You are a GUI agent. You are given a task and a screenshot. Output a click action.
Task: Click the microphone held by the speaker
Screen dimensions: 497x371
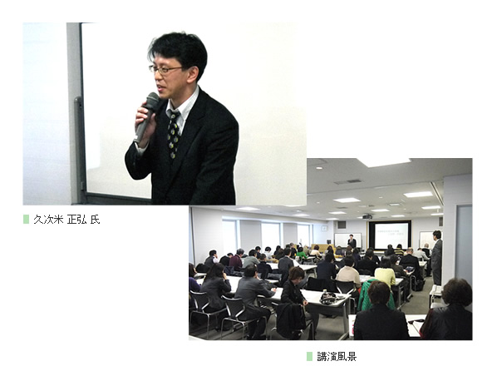pos(146,116)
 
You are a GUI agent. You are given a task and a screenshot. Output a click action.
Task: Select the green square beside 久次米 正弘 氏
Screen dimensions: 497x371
pos(26,220)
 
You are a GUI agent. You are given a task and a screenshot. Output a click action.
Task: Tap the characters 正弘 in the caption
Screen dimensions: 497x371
pos(77,220)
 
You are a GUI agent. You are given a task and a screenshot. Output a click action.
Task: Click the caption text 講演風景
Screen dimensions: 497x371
pos(337,356)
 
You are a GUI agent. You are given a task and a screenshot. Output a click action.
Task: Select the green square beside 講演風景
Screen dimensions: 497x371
pos(309,356)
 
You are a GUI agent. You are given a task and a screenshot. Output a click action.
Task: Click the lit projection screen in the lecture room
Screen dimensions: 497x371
pos(391,235)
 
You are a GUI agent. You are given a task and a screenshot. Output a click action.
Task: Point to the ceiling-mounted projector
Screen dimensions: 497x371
pos(367,216)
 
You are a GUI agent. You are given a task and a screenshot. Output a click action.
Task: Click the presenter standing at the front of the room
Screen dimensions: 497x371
pos(352,242)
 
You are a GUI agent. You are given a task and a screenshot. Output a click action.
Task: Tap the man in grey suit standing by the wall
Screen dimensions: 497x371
pos(436,257)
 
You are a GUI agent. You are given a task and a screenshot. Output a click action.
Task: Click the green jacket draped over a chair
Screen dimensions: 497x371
pos(374,294)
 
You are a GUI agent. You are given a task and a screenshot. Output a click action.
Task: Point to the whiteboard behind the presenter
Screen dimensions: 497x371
pos(347,240)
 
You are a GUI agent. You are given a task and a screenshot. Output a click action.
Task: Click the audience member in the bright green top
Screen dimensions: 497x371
pos(302,252)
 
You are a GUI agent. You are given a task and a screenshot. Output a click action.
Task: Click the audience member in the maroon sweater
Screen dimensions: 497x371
pos(236,260)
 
